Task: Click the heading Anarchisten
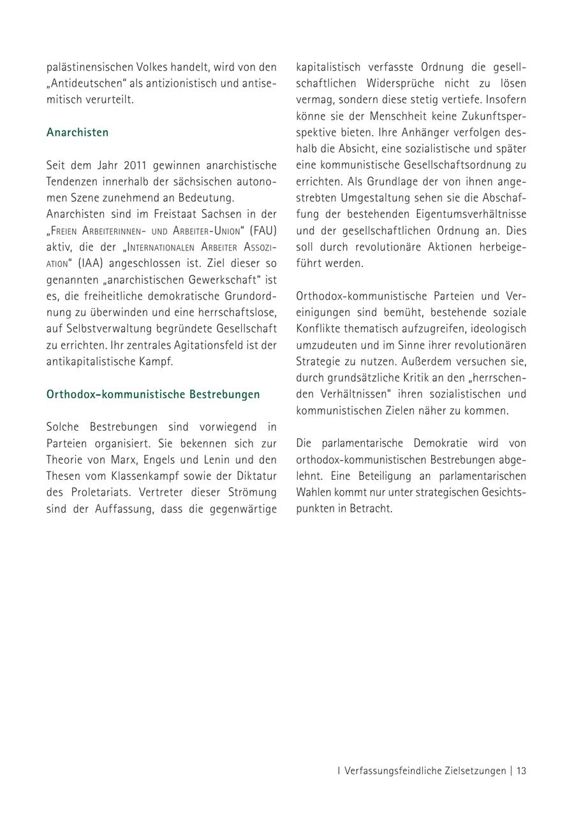77,133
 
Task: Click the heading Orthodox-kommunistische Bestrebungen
153,394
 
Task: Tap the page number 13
521,771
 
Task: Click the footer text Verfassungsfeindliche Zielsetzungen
425,771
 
